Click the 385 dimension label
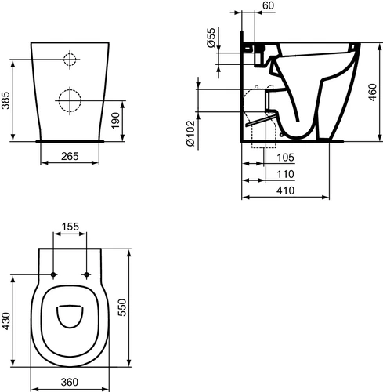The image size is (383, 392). pos(5,100)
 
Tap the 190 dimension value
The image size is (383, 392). pos(115,121)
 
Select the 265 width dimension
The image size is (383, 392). pos(70,156)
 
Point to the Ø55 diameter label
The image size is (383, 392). pos(211,38)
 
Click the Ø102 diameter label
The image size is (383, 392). pos(190,133)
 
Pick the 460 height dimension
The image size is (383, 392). pos(372,93)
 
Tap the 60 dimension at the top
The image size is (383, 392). pos(268,5)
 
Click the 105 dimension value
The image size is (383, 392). pos(285,158)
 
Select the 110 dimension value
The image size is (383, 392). pos(285,174)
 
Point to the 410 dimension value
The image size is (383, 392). pos(285,191)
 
